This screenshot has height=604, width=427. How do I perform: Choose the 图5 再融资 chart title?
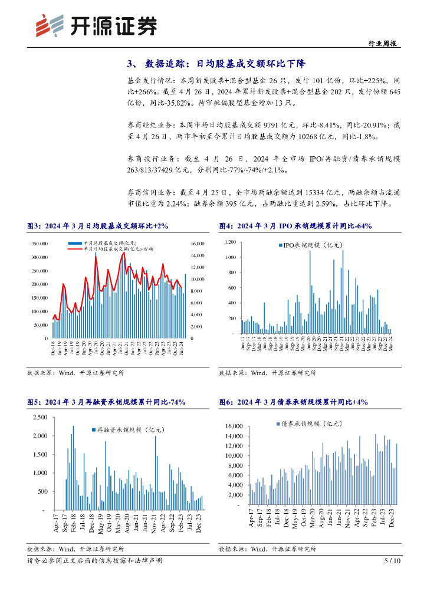pos(106,402)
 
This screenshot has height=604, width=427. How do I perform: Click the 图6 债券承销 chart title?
pos(293,402)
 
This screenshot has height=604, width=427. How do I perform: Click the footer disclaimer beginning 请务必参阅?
pos(94,560)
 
